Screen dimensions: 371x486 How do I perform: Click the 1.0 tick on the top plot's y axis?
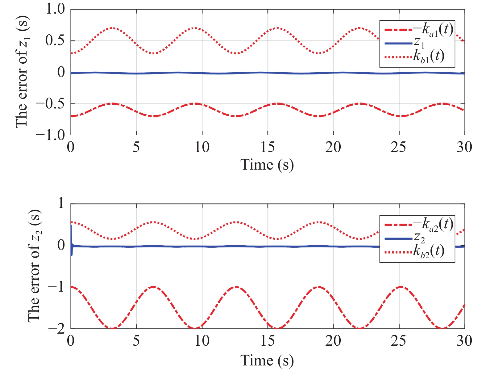(x=56, y=9)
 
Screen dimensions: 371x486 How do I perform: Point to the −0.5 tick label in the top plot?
(x=51, y=103)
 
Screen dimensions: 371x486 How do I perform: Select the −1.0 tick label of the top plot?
(x=51, y=135)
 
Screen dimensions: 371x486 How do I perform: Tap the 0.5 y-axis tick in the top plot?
(x=56, y=41)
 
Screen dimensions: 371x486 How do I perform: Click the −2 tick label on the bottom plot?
(x=57, y=329)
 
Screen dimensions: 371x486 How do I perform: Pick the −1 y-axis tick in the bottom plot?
(x=57, y=287)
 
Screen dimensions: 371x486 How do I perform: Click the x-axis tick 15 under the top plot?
(x=267, y=147)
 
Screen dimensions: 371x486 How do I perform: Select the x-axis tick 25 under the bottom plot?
(x=399, y=341)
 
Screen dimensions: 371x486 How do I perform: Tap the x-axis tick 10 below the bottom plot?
(x=202, y=341)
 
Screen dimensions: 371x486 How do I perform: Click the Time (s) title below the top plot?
(x=267, y=164)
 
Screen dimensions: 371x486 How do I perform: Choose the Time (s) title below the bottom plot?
(x=267, y=360)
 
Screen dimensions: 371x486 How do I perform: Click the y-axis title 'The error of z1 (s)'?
(x=22, y=72)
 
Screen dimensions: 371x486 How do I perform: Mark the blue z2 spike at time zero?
(x=72, y=235)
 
